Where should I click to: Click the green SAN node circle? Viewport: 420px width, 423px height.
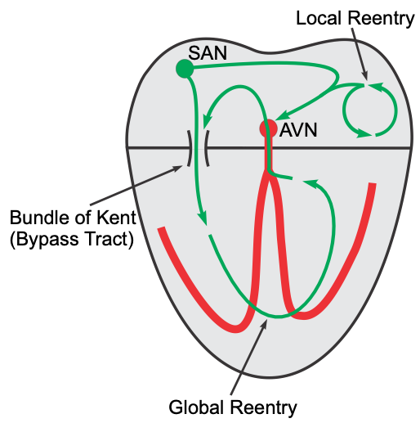[x=185, y=69]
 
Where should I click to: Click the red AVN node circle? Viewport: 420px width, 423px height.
[x=268, y=128]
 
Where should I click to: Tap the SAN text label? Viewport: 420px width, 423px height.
[x=208, y=53]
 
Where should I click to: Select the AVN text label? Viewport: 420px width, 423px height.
[x=298, y=130]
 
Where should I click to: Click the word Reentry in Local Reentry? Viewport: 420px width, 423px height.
[x=381, y=19]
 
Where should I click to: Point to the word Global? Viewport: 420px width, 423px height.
[x=198, y=407]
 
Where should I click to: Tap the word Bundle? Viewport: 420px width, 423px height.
[x=42, y=218]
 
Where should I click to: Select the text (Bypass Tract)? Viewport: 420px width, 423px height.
[x=72, y=239]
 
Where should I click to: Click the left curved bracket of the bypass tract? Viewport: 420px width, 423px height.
[x=189, y=148]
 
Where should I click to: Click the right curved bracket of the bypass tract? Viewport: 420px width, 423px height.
[x=207, y=148]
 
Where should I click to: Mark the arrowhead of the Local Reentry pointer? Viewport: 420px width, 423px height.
[x=364, y=76]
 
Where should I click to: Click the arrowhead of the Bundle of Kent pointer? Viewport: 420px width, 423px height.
[x=178, y=169]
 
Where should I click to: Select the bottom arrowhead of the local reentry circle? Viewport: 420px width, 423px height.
[x=365, y=133]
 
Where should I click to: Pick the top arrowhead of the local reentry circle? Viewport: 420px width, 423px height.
[x=376, y=86]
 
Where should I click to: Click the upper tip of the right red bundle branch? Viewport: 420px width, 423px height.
[x=373, y=184]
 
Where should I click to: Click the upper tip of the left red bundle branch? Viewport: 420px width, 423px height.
[x=162, y=227]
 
